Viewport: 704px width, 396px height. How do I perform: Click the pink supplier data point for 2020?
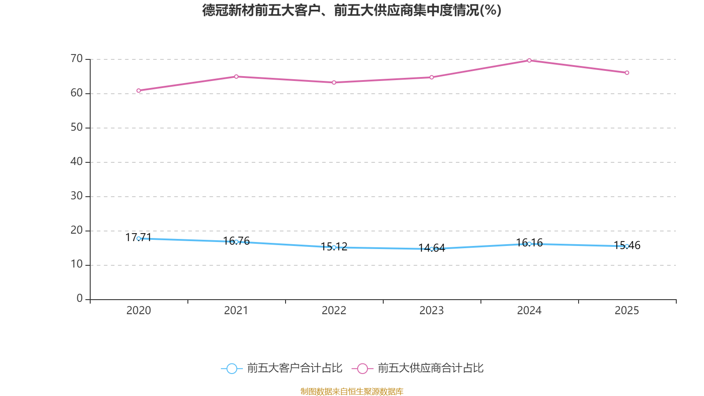tap(139, 91)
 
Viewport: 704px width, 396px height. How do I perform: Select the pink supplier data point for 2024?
tap(529, 60)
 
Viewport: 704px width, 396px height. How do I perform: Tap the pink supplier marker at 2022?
tap(334, 82)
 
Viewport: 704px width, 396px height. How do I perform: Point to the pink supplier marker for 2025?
tap(627, 73)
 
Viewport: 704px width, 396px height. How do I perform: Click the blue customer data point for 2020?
tap(139, 238)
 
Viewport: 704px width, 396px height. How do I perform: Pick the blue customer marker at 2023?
tap(432, 249)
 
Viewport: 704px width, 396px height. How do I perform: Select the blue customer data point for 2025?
tap(627, 246)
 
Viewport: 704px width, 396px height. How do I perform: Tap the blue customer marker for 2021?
tap(236, 242)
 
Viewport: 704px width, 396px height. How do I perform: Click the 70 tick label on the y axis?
tap(77, 59)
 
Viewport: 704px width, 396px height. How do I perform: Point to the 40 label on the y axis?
tap(77, 161)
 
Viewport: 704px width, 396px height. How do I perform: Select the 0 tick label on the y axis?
tap(80, 299)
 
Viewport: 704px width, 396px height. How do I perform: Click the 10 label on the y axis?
tap(77, 264)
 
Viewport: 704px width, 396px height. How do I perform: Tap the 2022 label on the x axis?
tap(334, 311)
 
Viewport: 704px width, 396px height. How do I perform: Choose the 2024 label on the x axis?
tap(529, 311)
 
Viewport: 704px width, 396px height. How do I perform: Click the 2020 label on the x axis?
tap(139, 311)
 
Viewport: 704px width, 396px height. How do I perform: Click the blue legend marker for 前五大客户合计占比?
tap(231, 368)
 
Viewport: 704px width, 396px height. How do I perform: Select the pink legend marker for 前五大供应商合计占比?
tap(362, 368)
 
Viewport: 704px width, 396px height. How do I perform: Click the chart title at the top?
tap(352, 10)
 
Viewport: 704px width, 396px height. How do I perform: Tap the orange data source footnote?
tap(352, 391)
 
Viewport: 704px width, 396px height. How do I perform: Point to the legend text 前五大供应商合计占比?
tap(430, 368)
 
